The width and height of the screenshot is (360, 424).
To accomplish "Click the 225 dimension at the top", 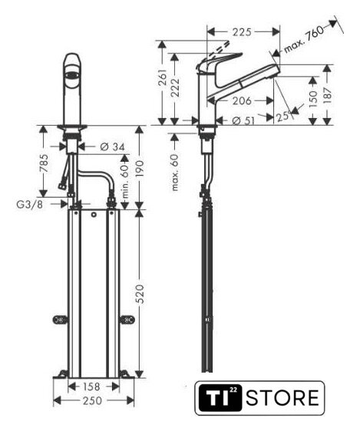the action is click(242, 32).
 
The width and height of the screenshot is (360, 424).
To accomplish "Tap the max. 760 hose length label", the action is click(304, 39).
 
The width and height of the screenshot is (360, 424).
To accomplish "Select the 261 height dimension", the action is click(163, 77).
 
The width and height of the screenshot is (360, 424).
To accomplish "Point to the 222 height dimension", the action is click(176, 87).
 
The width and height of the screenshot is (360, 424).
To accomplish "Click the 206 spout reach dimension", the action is click(242, 100).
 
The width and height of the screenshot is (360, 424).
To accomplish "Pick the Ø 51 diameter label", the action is click(243, 120).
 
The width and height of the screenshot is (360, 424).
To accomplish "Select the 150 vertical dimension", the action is click(312, 99).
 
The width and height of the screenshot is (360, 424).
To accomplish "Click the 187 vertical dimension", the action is click(328, 95).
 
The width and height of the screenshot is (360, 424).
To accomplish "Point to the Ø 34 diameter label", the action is click(112, 147).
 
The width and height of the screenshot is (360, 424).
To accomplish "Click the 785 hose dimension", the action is click(44, 163).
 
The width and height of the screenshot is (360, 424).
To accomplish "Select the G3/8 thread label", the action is click(29, 205).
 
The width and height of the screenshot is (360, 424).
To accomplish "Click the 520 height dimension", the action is click(139, 294).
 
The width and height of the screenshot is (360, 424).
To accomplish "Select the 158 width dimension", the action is click(91, 386).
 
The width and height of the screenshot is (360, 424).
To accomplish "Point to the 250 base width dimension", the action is click(92, 400).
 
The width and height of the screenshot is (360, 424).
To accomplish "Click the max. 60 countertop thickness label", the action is click(175, 173).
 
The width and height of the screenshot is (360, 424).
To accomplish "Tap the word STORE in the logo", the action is click(282, 398).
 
